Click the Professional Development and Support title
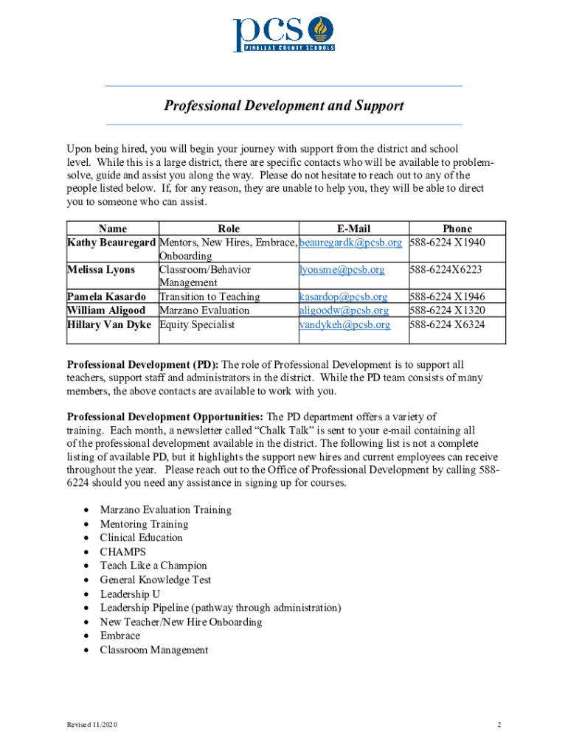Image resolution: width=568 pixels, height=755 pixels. coord(284,106)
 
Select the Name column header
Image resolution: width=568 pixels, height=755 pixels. coord(112,229)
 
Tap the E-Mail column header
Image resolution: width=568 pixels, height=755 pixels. coord(353,229)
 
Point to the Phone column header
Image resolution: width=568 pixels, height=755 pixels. coord(457,229)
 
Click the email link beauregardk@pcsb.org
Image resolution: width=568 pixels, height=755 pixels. coord(350,242)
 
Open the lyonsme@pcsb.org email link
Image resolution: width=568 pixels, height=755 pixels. coord(342,270)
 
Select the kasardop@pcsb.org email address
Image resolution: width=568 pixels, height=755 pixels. coord(343,296)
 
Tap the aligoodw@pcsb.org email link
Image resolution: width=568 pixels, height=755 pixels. coord(344,310)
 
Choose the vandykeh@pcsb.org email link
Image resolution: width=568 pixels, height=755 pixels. coord(344,324)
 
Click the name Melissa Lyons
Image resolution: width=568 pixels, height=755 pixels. coord(101,270)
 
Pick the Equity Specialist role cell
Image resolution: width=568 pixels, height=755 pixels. coord(197,324)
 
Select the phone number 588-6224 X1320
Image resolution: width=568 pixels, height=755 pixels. coord(448,310)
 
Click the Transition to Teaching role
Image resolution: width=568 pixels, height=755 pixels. coord(209,296)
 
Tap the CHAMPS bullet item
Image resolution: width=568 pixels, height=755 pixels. coord(123,552)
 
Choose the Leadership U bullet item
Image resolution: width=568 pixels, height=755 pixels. coord(130,594)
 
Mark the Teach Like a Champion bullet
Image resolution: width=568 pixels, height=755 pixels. coord(153,566)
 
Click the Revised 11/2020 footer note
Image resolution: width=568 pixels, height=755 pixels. coord(91,726)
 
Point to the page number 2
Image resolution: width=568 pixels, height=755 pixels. coord(499,726)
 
